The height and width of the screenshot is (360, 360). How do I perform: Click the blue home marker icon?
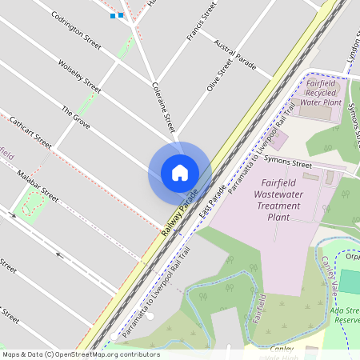180,173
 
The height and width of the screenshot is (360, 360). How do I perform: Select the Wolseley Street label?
80,74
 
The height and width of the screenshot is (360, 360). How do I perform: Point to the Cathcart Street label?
30,134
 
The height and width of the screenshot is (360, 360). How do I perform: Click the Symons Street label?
290,164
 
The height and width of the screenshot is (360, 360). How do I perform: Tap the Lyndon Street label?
353,48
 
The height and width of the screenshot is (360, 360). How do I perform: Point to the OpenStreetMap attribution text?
81,354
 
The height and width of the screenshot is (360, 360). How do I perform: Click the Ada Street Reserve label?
345,314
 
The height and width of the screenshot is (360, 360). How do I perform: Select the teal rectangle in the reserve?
350,282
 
